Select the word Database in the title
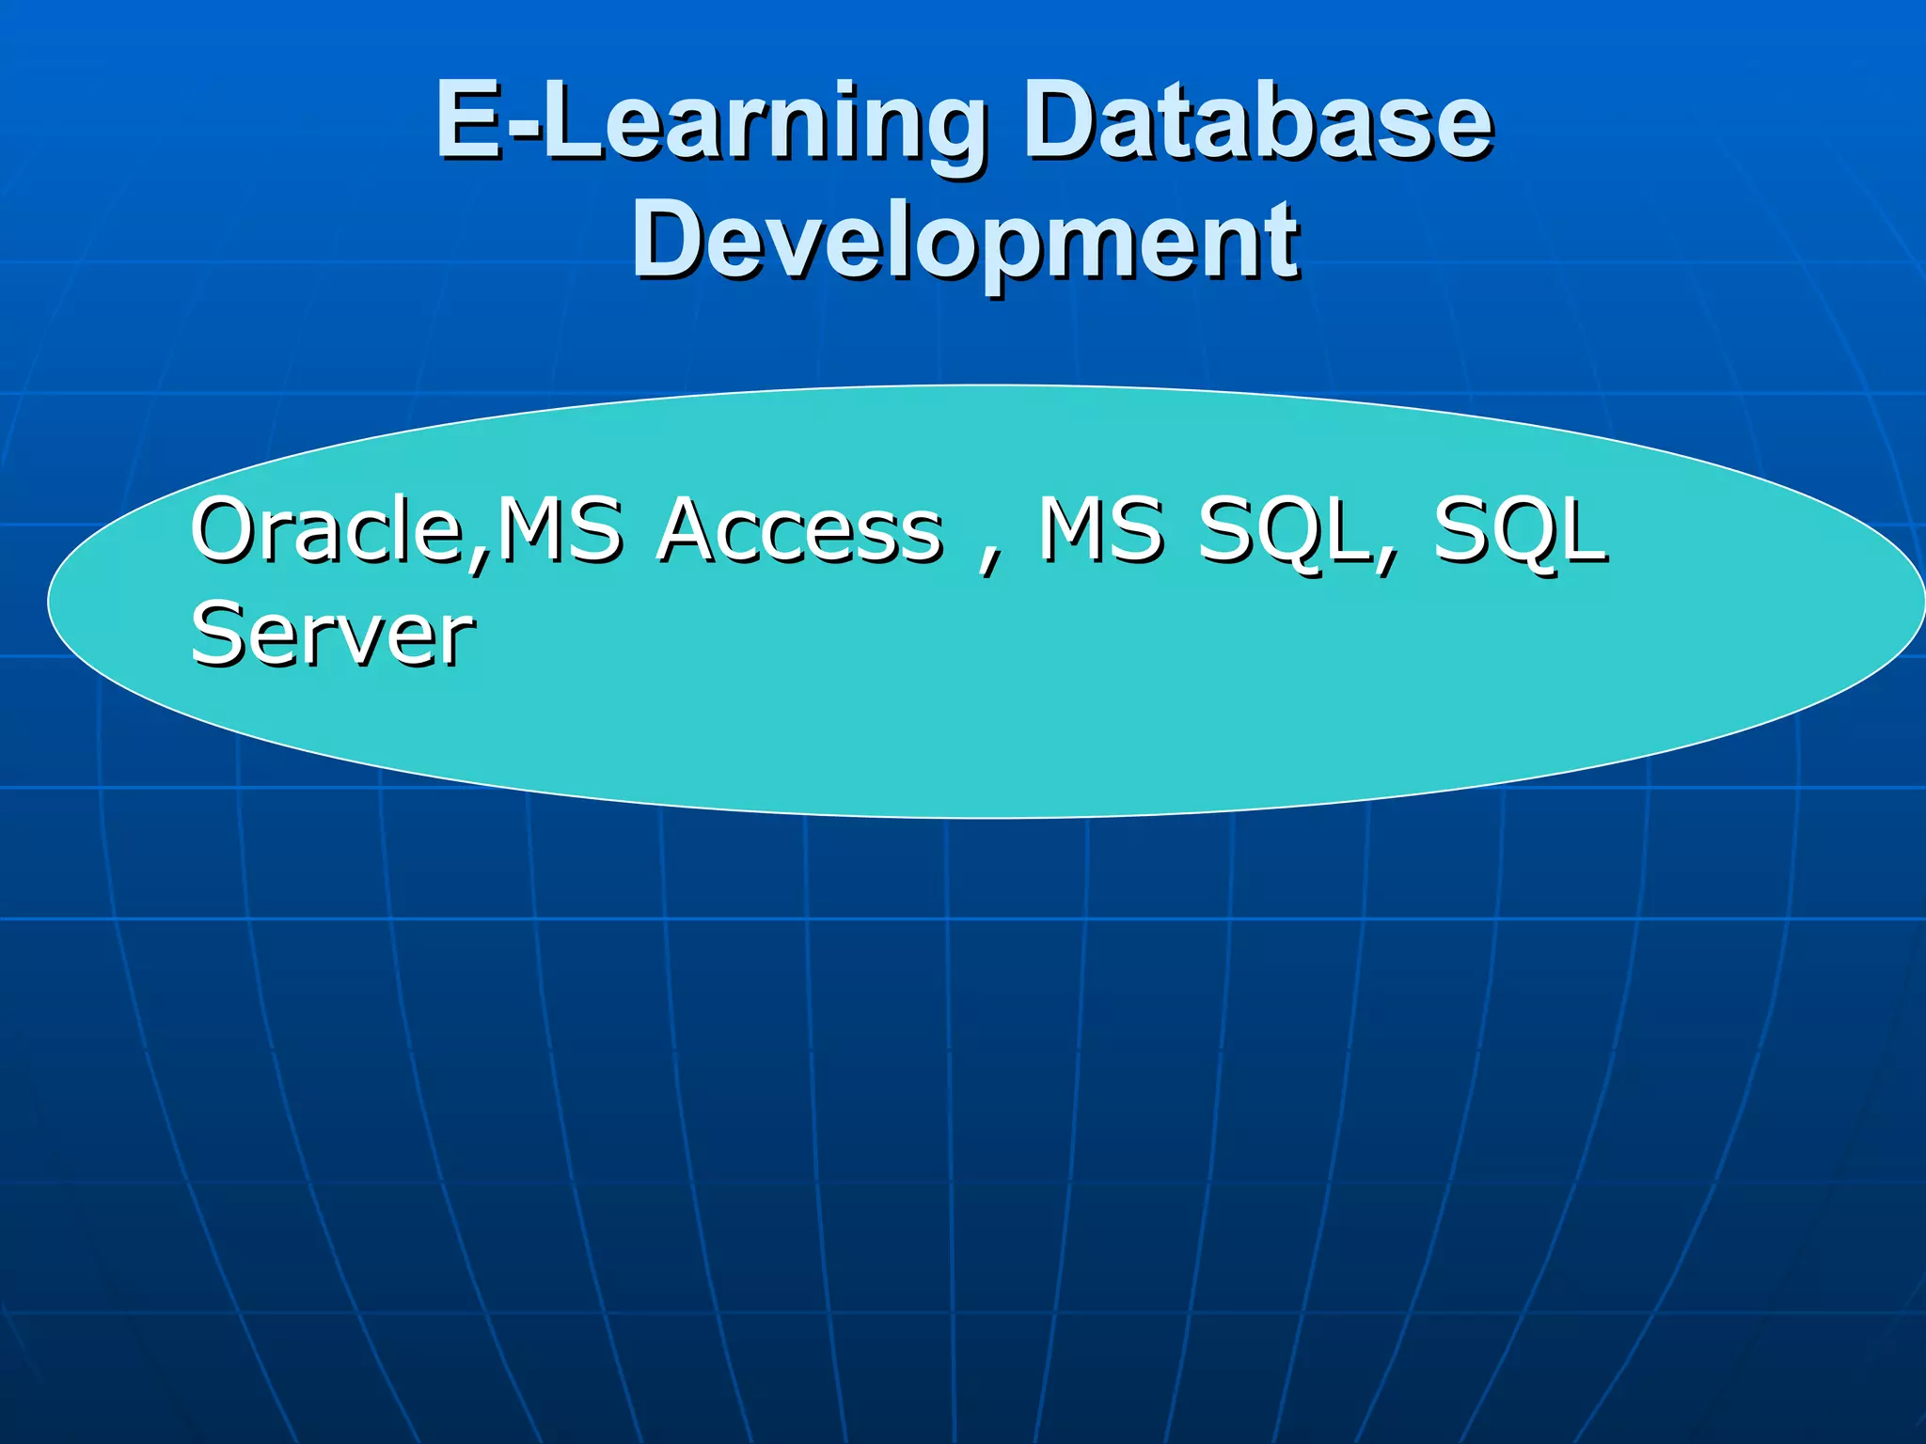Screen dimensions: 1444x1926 pyautogui.click(x=1258, y=122)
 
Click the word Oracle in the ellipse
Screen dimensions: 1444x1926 pyautogui.click(x=327, y=530)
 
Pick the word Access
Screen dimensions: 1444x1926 pyautogui.click(x=800, y=530)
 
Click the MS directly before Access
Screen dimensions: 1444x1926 pyautogui.click(x=559, y=530)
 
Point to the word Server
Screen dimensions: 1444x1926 pyautogui.click(x=332, y=635)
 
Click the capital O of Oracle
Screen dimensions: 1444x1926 pyautogui.click(x=228, y=530)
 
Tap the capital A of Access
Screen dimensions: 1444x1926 pyautogui.click(x=694, y=530)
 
